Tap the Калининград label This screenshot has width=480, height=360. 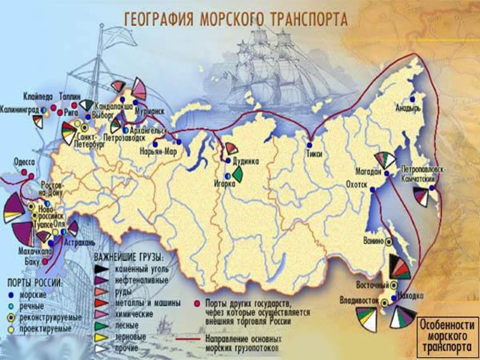coord(21,110)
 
